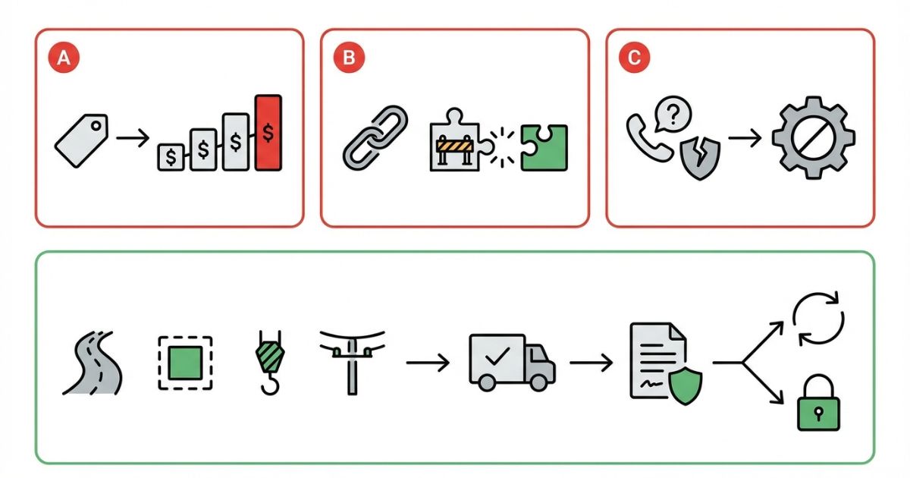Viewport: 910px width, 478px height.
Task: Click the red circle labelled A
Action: tap(64, 58)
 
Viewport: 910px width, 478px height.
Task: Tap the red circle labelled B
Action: tap(349, 58)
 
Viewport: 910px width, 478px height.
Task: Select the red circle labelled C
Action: tap(634, 58)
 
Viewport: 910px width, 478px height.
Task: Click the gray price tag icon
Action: tap(82, 140)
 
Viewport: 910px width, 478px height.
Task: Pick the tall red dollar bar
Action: tap(268, 133)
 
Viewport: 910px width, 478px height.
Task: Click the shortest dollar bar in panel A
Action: tap(171, 157)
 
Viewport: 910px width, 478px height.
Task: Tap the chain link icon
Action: tap(375, 137)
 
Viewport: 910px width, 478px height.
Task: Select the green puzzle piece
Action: tap(544, 147)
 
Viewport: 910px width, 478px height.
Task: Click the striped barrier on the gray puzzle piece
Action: tap(455, 146)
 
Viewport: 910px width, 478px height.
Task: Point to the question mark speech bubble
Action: tap(673, 114)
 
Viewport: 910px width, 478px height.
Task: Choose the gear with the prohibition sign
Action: tap(814, 138)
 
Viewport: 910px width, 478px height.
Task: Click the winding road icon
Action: tap(93, 363)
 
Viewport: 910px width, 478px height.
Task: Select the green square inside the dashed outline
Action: tap(185, 363)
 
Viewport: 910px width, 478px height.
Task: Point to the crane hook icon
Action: tap(270, 363)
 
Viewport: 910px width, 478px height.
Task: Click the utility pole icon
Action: tap(352, 362)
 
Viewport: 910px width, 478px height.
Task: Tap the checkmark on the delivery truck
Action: tap(497, 355)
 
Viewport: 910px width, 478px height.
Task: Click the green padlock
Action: tap(818, 402)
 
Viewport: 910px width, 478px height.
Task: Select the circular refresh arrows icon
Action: tap(818, 318)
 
